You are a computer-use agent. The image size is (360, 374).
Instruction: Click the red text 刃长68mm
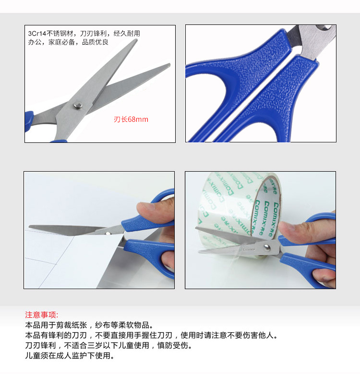[x=131, y=119]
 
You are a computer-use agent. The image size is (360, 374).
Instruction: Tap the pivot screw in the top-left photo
[x=78, y=105]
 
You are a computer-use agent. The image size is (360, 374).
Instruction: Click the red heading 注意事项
[x=41, y=315]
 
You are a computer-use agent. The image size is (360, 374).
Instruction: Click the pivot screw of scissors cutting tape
[x=267, y=248]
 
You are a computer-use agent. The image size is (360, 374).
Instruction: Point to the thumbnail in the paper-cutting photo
[x=145, y=206]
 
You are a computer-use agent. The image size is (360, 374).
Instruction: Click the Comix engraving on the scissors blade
[x=249, y=249]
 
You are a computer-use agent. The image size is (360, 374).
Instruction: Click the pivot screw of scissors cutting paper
[x=108, y=234]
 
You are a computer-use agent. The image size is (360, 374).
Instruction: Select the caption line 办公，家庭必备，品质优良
[x=68, y=42]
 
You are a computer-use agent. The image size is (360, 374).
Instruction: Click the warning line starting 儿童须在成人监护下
[x=70, y=356]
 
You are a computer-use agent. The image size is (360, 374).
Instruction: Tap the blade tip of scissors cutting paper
[x=29, y=226]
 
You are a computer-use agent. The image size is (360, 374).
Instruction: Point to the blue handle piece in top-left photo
[x=29, y=121]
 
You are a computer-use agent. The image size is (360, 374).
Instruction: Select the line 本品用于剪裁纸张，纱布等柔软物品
[x=89, y=325]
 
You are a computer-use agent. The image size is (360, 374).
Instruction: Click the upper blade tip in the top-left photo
[x=136, y=40]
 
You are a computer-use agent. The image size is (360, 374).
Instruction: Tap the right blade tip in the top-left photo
[x=169, y=65]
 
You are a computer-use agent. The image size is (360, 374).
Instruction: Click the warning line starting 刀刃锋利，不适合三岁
[x=108, y=345]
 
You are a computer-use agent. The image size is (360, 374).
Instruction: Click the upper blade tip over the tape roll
[x=196, y=228]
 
